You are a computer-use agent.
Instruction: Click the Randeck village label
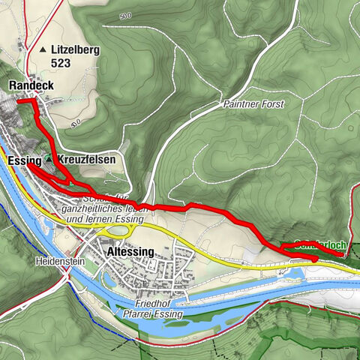click(x=31, y=86)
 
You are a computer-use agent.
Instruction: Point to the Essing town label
click(x=23, y=161)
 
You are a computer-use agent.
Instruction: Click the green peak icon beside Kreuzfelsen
click(x=49, y=159)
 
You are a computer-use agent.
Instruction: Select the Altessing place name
click(x=130, y=252)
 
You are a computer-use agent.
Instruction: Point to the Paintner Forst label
click(x=253, y=105)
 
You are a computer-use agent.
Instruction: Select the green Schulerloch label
click(x=319, y=244)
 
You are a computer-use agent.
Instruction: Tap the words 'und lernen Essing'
click(x=104, y=220)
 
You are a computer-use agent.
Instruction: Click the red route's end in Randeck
click(x=18, y=100)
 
